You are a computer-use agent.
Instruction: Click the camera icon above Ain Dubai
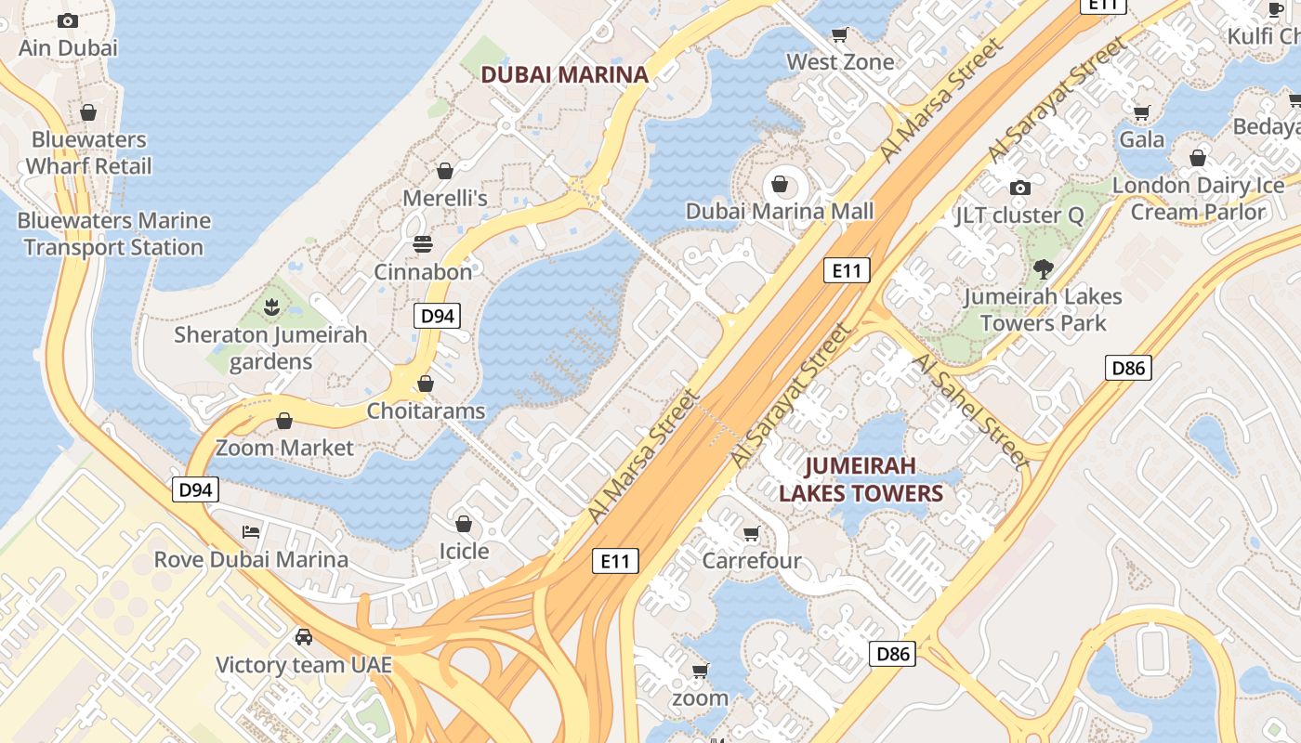[68, 20]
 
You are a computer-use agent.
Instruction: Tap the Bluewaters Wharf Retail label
[88, 153]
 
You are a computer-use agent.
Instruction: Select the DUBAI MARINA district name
[564, 75]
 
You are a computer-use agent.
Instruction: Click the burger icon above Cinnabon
[423, 244]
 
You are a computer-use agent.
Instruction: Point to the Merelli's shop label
[444, 198]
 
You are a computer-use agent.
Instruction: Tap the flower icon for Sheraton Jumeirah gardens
[271, 306]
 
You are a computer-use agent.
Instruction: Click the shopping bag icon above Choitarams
[426, 384]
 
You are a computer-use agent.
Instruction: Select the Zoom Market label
[284, 448]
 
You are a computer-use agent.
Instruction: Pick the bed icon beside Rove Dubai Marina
[251, 532]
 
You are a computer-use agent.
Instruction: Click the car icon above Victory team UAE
[303, 637]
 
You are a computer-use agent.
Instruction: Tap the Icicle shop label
[464, 552]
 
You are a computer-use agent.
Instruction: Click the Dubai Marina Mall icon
[780, 184]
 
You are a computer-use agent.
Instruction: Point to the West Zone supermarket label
[840, 62]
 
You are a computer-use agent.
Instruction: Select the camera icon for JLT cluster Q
[1019, 188]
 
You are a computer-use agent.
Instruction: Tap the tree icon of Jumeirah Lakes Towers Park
[1043, 269]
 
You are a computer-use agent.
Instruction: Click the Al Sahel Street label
[970, 409]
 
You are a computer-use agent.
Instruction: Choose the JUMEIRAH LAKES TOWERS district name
[861, 479]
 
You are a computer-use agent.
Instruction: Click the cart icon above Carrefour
[752, 533]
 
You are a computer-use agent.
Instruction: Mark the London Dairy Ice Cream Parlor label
[1198, 199]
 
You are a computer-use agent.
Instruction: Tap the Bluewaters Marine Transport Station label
[114, 234]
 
